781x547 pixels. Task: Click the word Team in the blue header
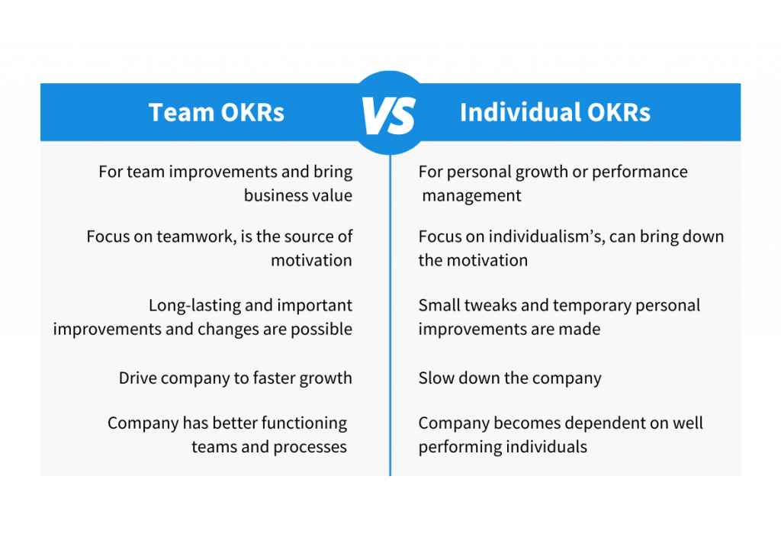182,112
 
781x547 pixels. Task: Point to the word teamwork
196,236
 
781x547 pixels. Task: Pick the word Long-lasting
194,305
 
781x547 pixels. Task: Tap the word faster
274,378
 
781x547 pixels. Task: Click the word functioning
304,423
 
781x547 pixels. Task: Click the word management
471,196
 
